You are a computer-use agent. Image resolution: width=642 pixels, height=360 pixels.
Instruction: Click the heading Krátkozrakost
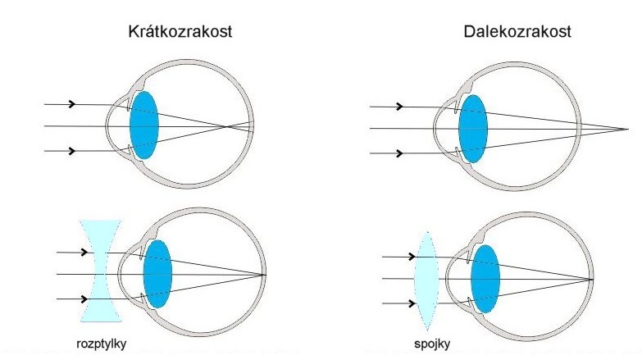[x=180, y=31]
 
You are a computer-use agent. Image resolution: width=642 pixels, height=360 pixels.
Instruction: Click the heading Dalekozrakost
[x=517, y=31]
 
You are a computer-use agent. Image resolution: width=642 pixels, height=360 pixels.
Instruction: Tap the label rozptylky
[x=101, y=344]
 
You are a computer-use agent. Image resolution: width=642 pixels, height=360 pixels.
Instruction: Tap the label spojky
[x=432, y=344]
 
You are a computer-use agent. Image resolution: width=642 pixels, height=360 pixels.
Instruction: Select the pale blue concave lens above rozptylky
[x=101, y=271]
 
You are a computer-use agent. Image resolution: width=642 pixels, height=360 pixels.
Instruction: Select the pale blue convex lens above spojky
[x=426, y=281]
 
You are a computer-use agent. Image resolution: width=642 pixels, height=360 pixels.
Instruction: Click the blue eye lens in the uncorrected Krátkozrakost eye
[x=144, y=125]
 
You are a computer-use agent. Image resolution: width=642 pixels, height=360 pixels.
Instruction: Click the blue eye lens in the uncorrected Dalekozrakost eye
[x=473, y=129]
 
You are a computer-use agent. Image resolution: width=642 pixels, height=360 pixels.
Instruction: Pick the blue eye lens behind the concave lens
[x=157, y=274]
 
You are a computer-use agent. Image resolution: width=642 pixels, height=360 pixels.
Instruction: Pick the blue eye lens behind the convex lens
[x=485, y=279]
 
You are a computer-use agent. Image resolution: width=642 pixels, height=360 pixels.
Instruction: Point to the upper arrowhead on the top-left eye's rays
[x=72, y=104]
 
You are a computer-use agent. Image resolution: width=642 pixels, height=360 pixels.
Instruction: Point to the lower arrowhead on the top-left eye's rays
[x=72, y=151]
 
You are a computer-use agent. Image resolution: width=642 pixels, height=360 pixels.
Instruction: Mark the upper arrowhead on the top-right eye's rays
[x=399, y=107]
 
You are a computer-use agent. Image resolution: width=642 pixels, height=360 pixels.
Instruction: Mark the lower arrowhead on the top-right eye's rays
[x=399, y=153]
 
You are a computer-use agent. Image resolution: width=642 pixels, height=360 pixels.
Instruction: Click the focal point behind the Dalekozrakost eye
[x=628, y=130]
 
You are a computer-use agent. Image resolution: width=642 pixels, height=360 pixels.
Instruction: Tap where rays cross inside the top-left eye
[x=226, y=126]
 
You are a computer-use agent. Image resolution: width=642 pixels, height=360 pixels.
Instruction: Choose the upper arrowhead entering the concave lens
[x=84, y=252]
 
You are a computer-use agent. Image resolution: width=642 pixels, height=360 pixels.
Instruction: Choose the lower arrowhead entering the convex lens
[x=412, y=303]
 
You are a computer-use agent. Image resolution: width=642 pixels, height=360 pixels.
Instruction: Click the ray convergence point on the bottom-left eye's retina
[x=265, y=275]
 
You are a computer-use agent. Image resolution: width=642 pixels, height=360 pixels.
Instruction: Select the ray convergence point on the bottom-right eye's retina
[x=592, y=280]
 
